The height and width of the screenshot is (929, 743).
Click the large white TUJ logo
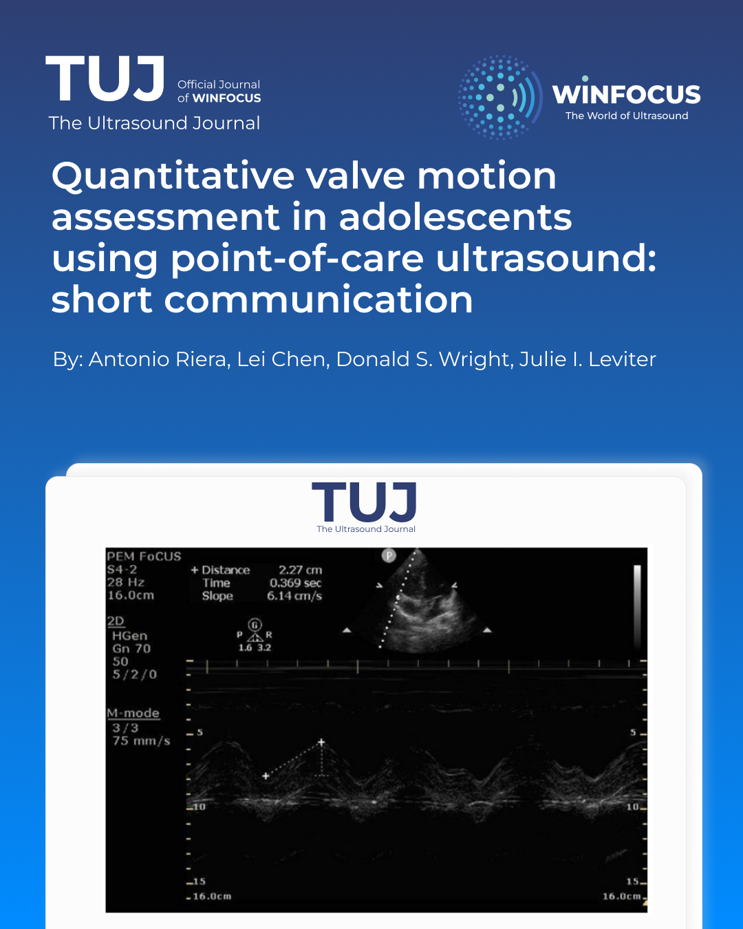(105, 78)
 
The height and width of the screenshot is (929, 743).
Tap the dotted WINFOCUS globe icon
(500, 97)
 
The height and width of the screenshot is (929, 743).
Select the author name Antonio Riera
(158, 359)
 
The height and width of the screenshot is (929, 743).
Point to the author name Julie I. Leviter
(588, 359)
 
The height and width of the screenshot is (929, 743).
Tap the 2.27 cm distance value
(300, 570)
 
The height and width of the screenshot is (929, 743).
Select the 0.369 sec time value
(295, 584)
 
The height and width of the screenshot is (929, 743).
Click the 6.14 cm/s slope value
(294, 596)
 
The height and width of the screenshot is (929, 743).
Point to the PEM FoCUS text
(144, 556)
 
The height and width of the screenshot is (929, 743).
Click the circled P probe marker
(389, 555)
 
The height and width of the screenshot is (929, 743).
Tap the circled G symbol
(255, 625)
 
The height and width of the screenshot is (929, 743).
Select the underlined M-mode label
(133, 713)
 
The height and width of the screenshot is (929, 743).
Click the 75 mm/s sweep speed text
(141, 741)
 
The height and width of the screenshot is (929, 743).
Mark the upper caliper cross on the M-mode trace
(321, 743)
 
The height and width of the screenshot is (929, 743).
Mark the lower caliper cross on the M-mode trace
(266, 776)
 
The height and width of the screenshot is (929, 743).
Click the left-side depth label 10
(199, 807)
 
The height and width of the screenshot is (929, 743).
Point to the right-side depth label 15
(632, 882)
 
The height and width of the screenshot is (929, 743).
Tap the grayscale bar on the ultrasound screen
(637, 606)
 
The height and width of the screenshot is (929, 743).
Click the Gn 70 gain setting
(131, 649)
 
